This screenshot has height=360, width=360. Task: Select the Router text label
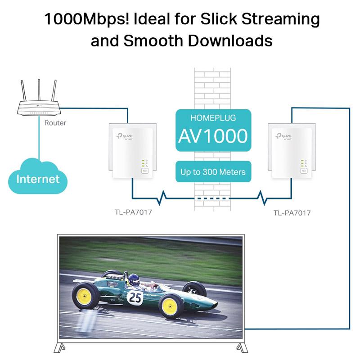point(55,123)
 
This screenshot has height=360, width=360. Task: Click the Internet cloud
point(38,179)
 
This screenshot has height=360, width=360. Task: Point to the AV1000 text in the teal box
point(212,136)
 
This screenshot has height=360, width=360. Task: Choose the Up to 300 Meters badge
point(213,171)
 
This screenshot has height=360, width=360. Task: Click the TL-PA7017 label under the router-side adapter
point(133,212)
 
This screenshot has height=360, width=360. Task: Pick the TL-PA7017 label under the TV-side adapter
point(292,213)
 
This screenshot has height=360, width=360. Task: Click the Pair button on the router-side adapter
point(144,171)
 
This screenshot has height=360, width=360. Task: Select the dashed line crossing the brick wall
point(212,198)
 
